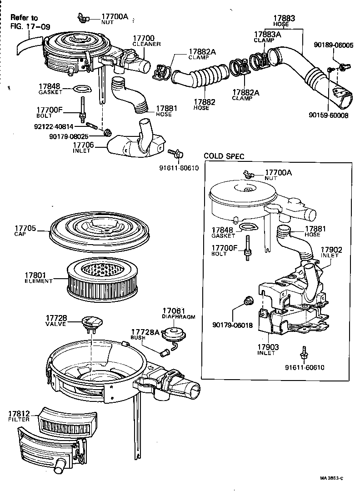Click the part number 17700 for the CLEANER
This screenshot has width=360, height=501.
click(144, 38)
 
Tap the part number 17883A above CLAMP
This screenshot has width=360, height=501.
click(266, 34)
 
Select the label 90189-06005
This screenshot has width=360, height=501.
click(333, 45)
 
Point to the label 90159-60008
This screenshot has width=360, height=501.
click(330, 115)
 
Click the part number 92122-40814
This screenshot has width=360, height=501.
click(63, 126)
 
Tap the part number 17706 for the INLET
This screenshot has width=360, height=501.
click(83, 145)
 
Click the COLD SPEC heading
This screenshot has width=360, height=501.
click(224, 156)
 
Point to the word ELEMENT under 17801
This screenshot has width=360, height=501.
click(38, 281)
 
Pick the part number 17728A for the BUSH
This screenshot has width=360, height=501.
click(145, 332)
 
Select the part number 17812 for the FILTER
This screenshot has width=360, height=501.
click(19, 414)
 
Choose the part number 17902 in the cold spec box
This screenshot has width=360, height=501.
click(331, 250)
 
